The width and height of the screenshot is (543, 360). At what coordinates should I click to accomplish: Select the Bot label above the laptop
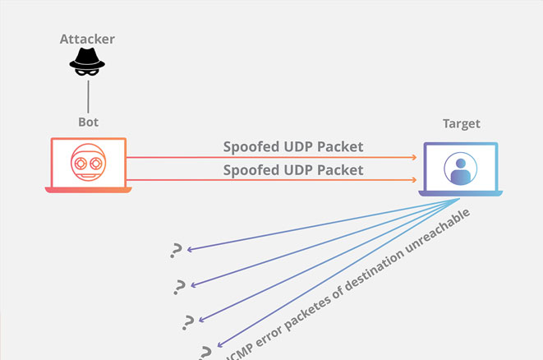pos(88,122)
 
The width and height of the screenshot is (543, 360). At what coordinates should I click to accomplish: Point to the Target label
pos(461,124)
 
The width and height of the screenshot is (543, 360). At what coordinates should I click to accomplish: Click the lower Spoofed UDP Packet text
pos(292,170)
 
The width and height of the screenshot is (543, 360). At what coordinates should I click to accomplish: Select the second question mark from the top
pos(180,286)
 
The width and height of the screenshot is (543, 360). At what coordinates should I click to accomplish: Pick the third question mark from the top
pos(189,321)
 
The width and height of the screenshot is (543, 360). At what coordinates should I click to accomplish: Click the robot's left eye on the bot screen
pos(80,163)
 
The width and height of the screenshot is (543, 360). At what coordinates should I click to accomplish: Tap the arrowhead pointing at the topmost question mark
pos(190,248)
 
